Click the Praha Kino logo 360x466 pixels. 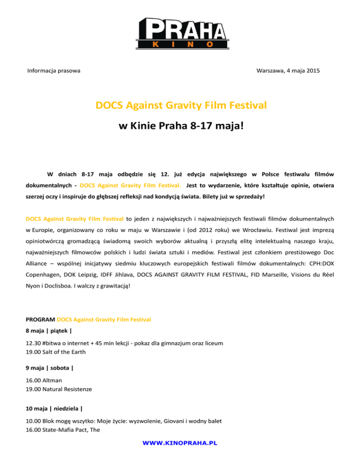pyautogui.click(x=180, y=32)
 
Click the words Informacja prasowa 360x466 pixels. pyautogui.click(x=53, y=70)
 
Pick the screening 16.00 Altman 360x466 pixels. pyautogui.click(x=45, y=380)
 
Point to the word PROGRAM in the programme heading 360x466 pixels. pyautogui.click(x=40, y=320)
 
